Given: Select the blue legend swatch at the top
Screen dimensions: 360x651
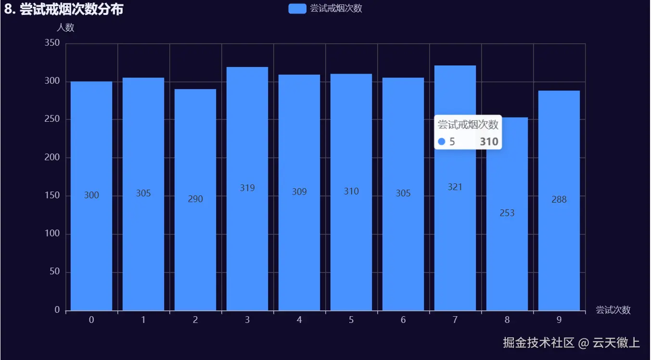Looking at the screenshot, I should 297,9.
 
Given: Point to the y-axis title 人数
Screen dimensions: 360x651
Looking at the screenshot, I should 65,27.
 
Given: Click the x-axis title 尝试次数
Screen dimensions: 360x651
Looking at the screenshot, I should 613,310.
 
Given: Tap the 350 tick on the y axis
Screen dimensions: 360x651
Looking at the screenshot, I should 52,43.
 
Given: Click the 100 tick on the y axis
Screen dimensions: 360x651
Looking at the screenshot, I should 52,234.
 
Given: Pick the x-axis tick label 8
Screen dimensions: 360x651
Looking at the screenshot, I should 507,320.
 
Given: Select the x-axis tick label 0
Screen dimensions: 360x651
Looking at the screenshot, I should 91,320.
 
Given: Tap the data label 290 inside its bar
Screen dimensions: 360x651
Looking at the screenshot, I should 195,199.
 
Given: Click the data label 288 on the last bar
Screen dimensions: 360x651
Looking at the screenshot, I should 559,199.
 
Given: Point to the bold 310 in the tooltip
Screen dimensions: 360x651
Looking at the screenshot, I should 489,142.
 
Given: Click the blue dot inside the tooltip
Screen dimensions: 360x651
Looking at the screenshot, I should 442,142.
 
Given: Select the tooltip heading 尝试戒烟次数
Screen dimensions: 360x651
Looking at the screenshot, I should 468,125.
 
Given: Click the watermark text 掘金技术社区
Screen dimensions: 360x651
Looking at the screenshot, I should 539,343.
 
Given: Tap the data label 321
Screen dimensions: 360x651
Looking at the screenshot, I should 455,187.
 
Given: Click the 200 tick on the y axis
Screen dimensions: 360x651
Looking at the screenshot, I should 52,158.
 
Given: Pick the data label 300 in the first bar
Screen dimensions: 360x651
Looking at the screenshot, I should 91,195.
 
